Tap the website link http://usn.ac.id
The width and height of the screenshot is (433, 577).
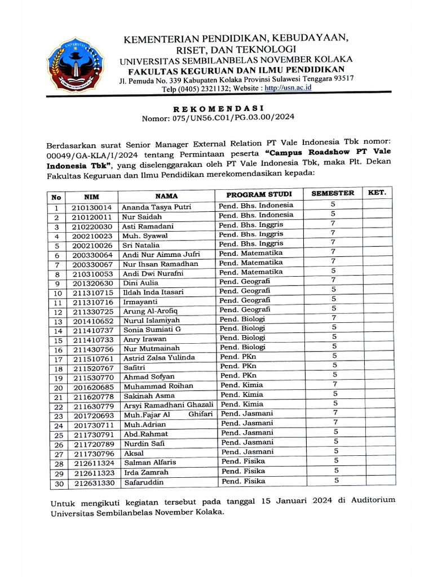(x=288, y=88)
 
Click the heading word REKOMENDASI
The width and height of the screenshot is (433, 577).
(x=218, y=108)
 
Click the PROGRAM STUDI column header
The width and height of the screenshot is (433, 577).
(x=259, y=194)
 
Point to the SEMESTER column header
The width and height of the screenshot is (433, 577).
(x=333, y=193)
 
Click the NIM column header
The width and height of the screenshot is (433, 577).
(x=91, y=196)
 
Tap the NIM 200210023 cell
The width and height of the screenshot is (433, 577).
(x=92, y=236)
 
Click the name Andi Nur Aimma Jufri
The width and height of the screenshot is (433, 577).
(x=161, y=255)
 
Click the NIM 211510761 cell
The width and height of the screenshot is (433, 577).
(x=92, y=358)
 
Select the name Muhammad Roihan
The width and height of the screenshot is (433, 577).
(x=158, y=386)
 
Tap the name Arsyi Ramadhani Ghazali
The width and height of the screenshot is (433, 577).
(x=169, y=405)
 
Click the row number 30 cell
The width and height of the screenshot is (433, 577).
(x=56, y=483)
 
